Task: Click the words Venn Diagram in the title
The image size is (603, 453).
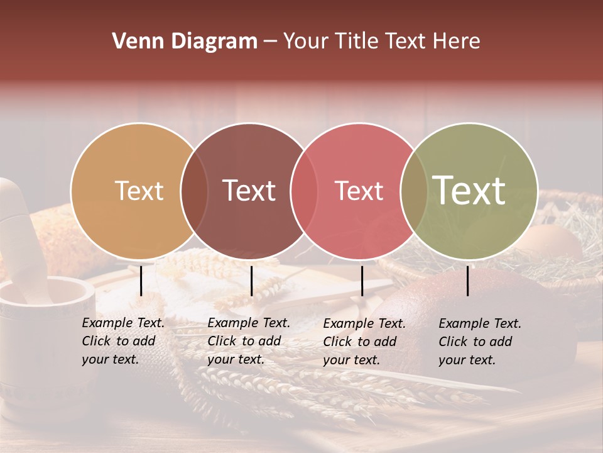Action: [x=184, y=42]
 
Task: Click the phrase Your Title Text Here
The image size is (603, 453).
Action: [x=381, y=42]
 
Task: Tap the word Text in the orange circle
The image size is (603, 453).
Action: [x=139, y=191]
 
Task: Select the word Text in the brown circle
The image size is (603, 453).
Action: [x=249, y=191]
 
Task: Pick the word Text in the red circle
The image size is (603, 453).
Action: [x=359, y=191]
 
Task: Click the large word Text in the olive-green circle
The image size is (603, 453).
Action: [x=469, y=190]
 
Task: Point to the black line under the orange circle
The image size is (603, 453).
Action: [x=141, y=281]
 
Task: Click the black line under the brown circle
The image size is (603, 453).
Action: [x=251, y=281]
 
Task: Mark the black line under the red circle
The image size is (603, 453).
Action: [x=362, y=281]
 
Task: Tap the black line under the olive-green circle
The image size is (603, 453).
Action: [x=468, y=281]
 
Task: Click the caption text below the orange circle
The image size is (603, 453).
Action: [x=123, y=341]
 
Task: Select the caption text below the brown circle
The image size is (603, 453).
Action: [x=249, y=341]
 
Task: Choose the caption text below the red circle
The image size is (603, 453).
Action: [x=364, y=342]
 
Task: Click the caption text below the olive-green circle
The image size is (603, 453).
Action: [x=480, y=342]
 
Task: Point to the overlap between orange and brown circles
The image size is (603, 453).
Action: [x=194, y=191]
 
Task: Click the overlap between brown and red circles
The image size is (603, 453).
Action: [x=303, y=191]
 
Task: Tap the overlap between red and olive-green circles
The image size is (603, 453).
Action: [x=413, y=191]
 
